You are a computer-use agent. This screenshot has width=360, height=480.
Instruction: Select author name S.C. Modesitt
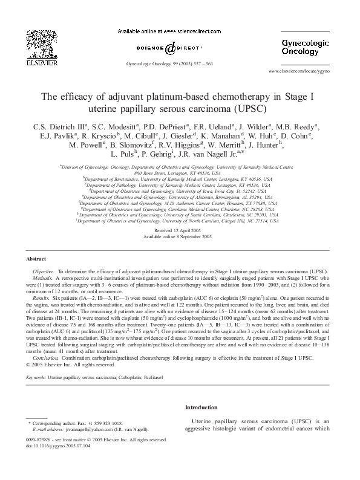[115, 126]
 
